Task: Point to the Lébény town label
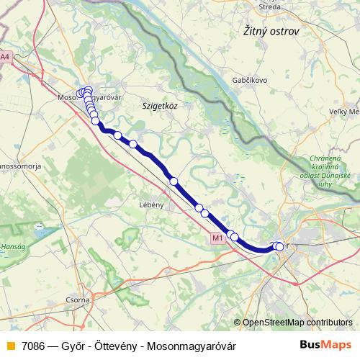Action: tap(152, 204)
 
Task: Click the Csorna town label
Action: tap(77, 299)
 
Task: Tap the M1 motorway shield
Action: tap(218, 237)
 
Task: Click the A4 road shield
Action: tap(6, 56)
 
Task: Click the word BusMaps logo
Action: tap(325, 345)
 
